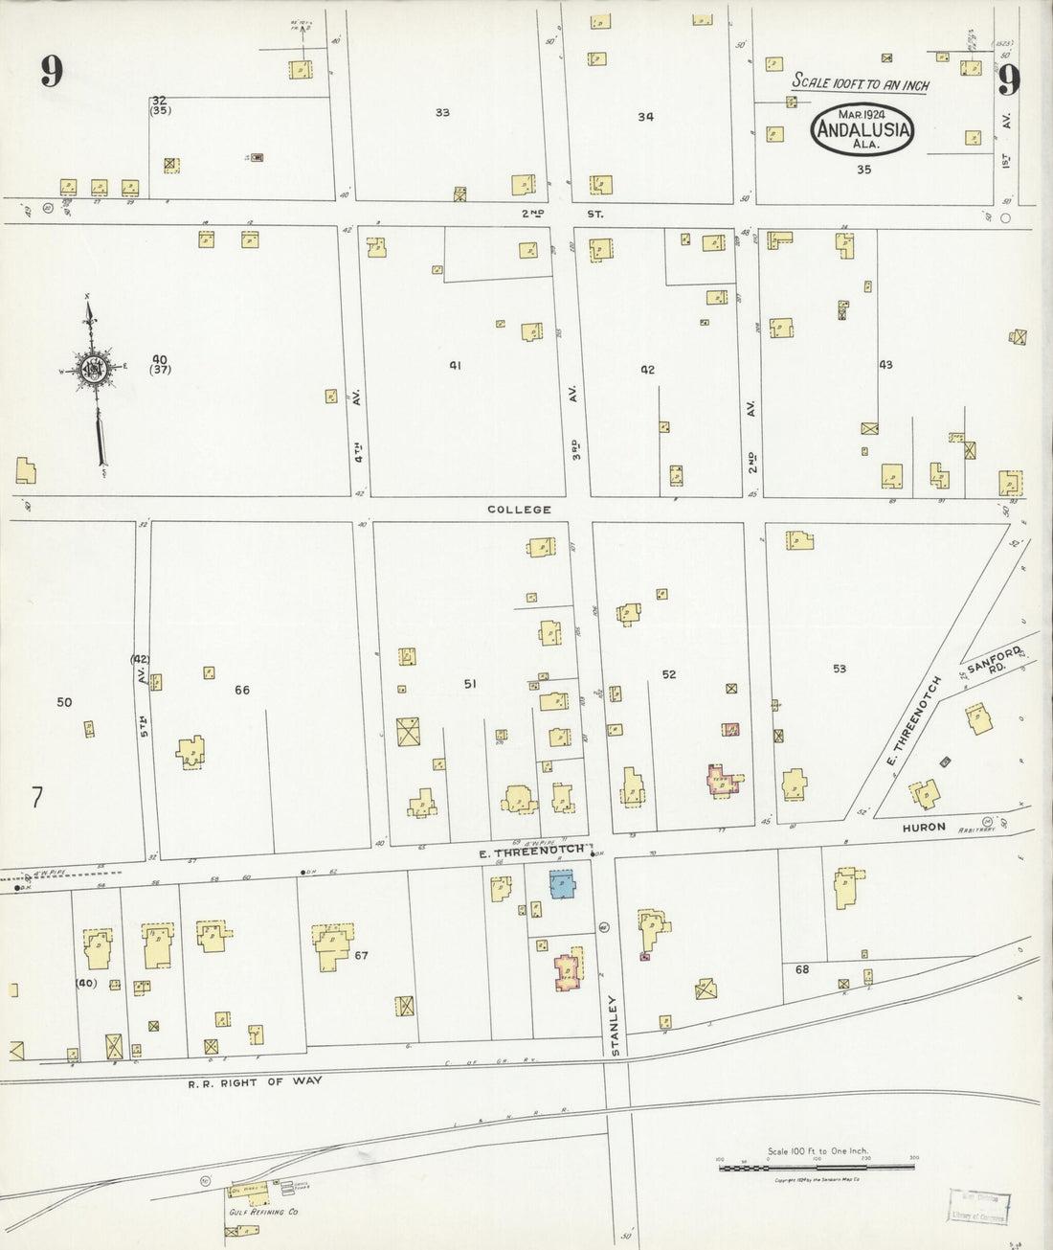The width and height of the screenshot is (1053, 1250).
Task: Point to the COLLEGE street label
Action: pos(519,510)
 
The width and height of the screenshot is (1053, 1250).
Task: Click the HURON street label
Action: pos(923,827)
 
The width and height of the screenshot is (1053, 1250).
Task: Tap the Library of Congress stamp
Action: pos(978,1206)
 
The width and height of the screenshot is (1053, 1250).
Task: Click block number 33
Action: pos(442,113)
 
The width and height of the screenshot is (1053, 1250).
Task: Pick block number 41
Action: pos(456,365)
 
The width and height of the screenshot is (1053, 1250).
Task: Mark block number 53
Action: pos(840,669)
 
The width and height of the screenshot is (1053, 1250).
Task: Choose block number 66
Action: pos(242,690)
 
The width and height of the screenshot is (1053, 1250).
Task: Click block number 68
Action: pos(802,969)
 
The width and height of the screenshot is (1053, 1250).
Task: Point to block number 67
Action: pos(361,955)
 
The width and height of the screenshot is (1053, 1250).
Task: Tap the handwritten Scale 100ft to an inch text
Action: pos(860,84)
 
